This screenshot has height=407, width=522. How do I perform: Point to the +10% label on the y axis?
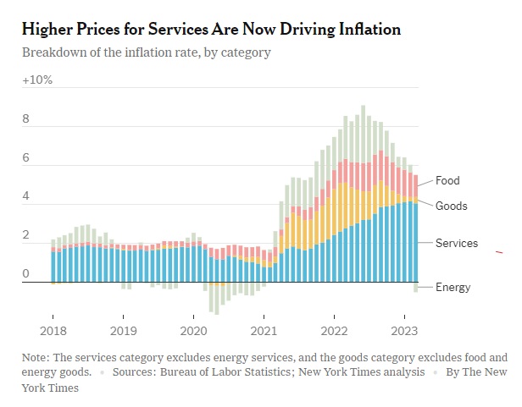click(x=37, y=80)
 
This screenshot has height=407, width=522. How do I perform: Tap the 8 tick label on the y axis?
click(x=25, y=119)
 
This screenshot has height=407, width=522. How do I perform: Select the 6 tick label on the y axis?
click(x=25, y=158)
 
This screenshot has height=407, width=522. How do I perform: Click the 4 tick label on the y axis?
click(x=25, y=196)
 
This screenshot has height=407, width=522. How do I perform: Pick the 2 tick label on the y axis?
click(x=25, y=235)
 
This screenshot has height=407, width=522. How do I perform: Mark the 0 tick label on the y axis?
click(x=25, y=274)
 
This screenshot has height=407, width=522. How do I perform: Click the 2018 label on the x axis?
click(x=53, y=331)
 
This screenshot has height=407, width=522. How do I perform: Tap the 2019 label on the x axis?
click(x=123, y=331)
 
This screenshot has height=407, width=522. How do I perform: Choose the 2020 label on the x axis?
click(x=193, y=331)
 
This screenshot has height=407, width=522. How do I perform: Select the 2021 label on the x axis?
click(x=264, y=331)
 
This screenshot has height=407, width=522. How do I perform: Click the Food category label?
click(x=447, y=180)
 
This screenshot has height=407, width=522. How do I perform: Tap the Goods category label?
click(x=452, y=206)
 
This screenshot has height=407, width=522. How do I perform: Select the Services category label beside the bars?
click(x=457, y=244)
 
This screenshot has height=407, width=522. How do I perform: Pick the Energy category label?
click(x=453, y=288)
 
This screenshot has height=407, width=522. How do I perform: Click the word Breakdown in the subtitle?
click(x=55, y=52)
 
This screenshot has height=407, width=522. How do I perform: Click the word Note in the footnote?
click(x=36, y=358)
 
